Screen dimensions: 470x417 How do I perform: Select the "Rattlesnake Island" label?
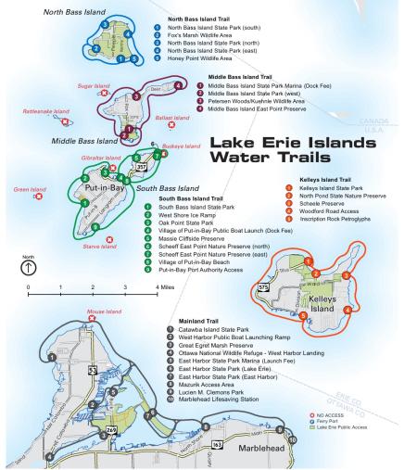point(45,110)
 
